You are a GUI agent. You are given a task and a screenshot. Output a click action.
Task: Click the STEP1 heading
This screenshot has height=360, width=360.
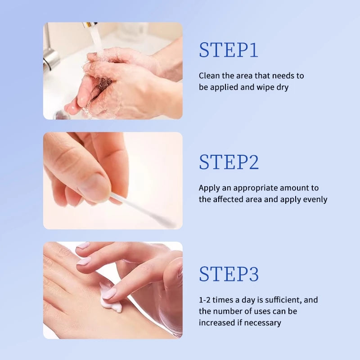229,50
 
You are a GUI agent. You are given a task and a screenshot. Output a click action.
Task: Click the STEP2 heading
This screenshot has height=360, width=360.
229,162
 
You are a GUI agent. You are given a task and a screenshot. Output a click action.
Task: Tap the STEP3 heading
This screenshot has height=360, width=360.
229,274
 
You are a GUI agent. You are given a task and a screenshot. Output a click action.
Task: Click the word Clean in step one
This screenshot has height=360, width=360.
209,76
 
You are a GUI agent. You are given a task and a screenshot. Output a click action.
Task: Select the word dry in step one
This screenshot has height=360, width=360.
282,87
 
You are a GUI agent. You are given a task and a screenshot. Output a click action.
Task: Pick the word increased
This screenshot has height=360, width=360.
217,322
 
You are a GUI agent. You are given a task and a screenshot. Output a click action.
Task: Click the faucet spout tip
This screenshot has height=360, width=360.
90,25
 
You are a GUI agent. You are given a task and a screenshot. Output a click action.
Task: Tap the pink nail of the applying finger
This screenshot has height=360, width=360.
109,293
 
